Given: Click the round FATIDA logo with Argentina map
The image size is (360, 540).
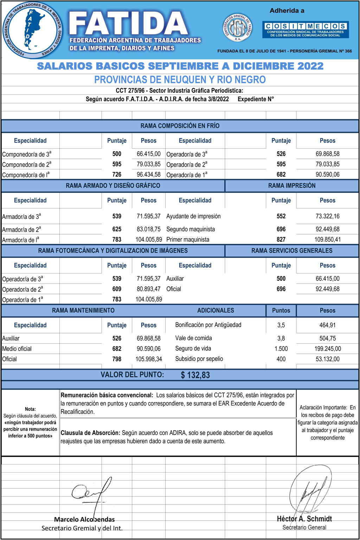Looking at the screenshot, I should [32, 30].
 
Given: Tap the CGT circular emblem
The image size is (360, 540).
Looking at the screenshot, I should [238, 28].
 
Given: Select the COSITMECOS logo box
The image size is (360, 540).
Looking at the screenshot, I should [305, 30].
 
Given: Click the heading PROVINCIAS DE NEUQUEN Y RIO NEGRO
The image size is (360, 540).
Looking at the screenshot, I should [180, 80].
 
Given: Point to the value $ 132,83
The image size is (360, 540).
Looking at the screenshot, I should [195, 375].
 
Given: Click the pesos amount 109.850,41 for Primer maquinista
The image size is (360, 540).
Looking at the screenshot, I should [327, 240].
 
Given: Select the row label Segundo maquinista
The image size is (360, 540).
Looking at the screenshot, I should [191, 229].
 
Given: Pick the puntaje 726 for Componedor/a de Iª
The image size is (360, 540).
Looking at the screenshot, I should [117, 175].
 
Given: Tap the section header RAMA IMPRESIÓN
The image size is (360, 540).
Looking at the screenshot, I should [291, 186].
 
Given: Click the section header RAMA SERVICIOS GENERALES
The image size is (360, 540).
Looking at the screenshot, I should [291, 251].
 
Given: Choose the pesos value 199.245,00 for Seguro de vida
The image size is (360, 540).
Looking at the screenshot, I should [327, 349].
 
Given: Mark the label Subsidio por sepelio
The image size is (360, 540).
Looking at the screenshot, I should [199, 359].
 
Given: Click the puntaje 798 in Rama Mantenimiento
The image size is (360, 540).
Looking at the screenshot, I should [117, 359].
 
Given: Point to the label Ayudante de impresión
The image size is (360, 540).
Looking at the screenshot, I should [193, 216].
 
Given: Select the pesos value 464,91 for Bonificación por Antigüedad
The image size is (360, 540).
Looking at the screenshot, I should [327, 325].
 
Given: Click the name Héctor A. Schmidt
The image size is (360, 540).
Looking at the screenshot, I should [304, 519].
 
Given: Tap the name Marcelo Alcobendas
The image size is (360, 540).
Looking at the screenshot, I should [84, 520].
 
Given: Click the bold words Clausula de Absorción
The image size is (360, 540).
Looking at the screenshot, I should [90, 433].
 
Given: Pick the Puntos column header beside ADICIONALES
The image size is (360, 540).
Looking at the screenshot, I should [281, 311].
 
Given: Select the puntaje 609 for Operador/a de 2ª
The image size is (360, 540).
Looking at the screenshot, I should [117, 289].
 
